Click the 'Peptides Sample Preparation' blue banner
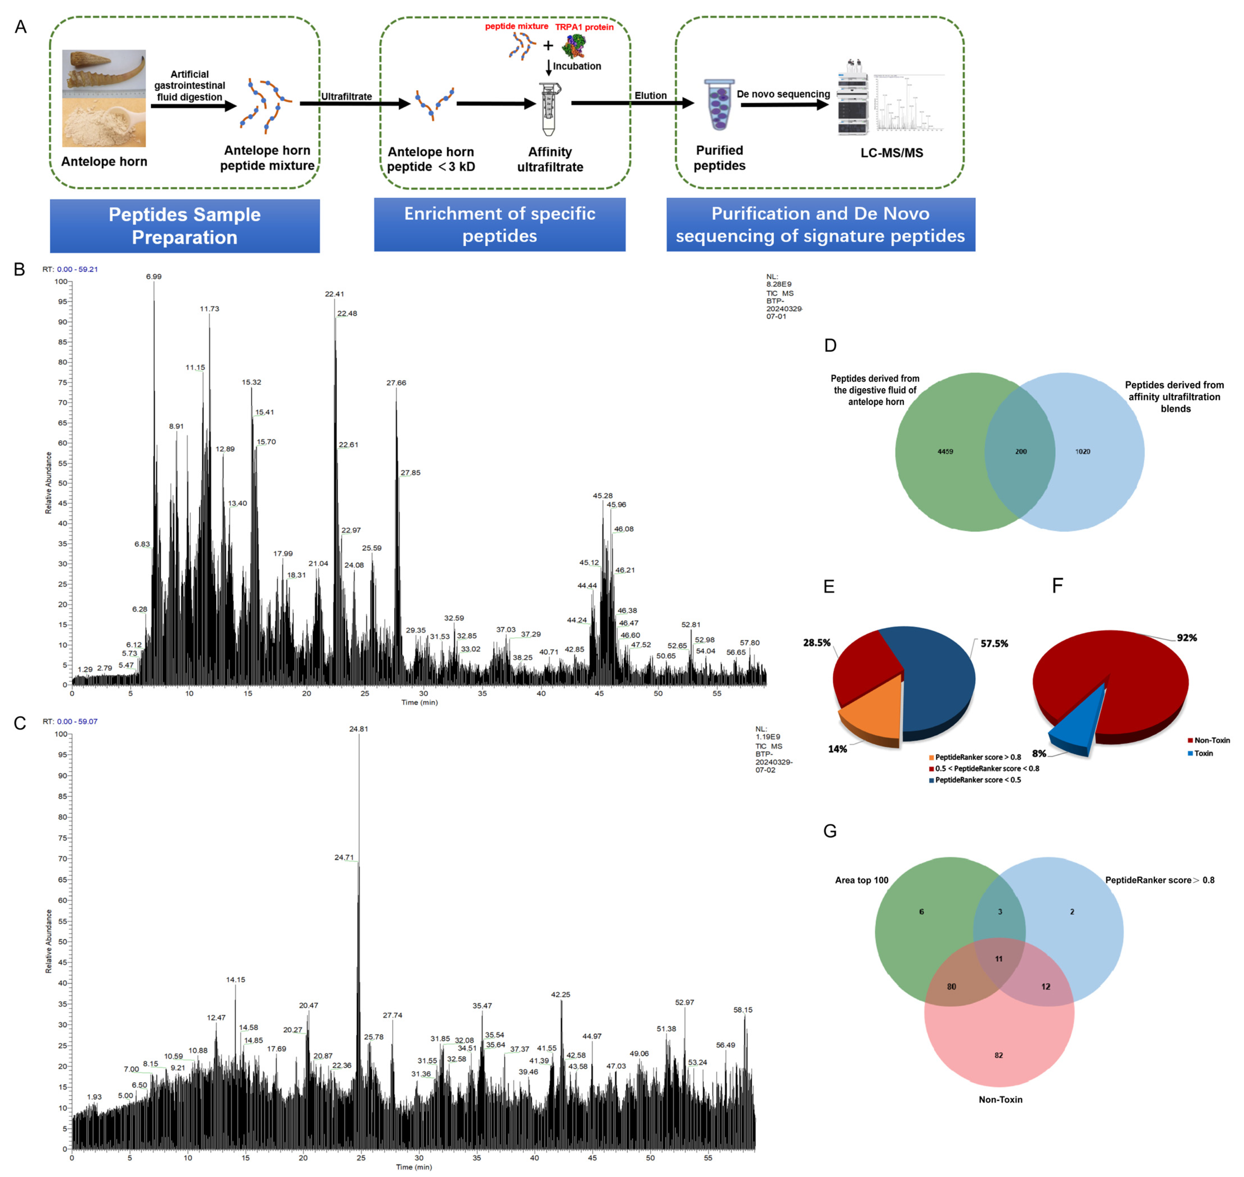pos(185,226)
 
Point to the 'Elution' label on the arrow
pos(650,95)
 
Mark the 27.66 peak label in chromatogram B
pos(396,383)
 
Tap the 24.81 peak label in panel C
pos(359,729)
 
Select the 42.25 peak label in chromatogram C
pos(561,994)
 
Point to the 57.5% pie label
pos(994,644)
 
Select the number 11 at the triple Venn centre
pos(999,959)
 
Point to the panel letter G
pos(830,831)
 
